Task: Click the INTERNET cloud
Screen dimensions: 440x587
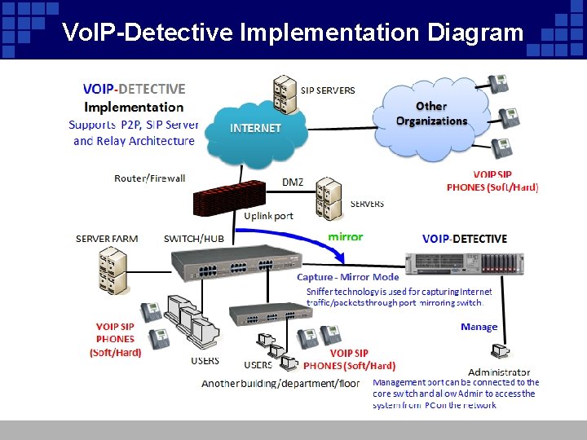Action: [x=255, y=129]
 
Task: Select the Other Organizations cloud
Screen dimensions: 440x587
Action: [x=431, y=114]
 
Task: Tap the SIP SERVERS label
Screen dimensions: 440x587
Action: [x=328, y=90]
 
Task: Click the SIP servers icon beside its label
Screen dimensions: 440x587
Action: [x=285, y=94]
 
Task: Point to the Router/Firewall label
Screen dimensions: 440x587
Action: [x=150, y=178]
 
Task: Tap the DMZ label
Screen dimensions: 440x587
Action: [x=293, y=182]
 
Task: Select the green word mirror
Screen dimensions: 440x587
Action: [x=345, y=236]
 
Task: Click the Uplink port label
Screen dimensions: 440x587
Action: [x=268, y=216]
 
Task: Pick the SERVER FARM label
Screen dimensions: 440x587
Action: [x=107, y=239]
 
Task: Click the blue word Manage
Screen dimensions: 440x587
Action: [x=479, y=327]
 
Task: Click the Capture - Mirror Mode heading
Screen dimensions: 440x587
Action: [x=348, y=277]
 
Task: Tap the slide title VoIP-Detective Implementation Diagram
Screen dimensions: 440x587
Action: [x=293, y=32]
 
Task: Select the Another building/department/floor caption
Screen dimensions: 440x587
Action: [x=280, y=383]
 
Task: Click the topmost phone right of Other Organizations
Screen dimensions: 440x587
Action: [x=498, y=85]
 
